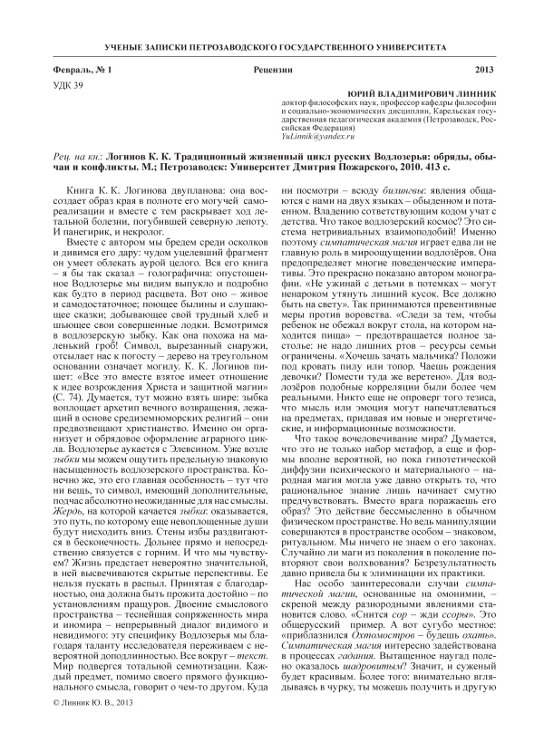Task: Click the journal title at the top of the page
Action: point(272,45)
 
